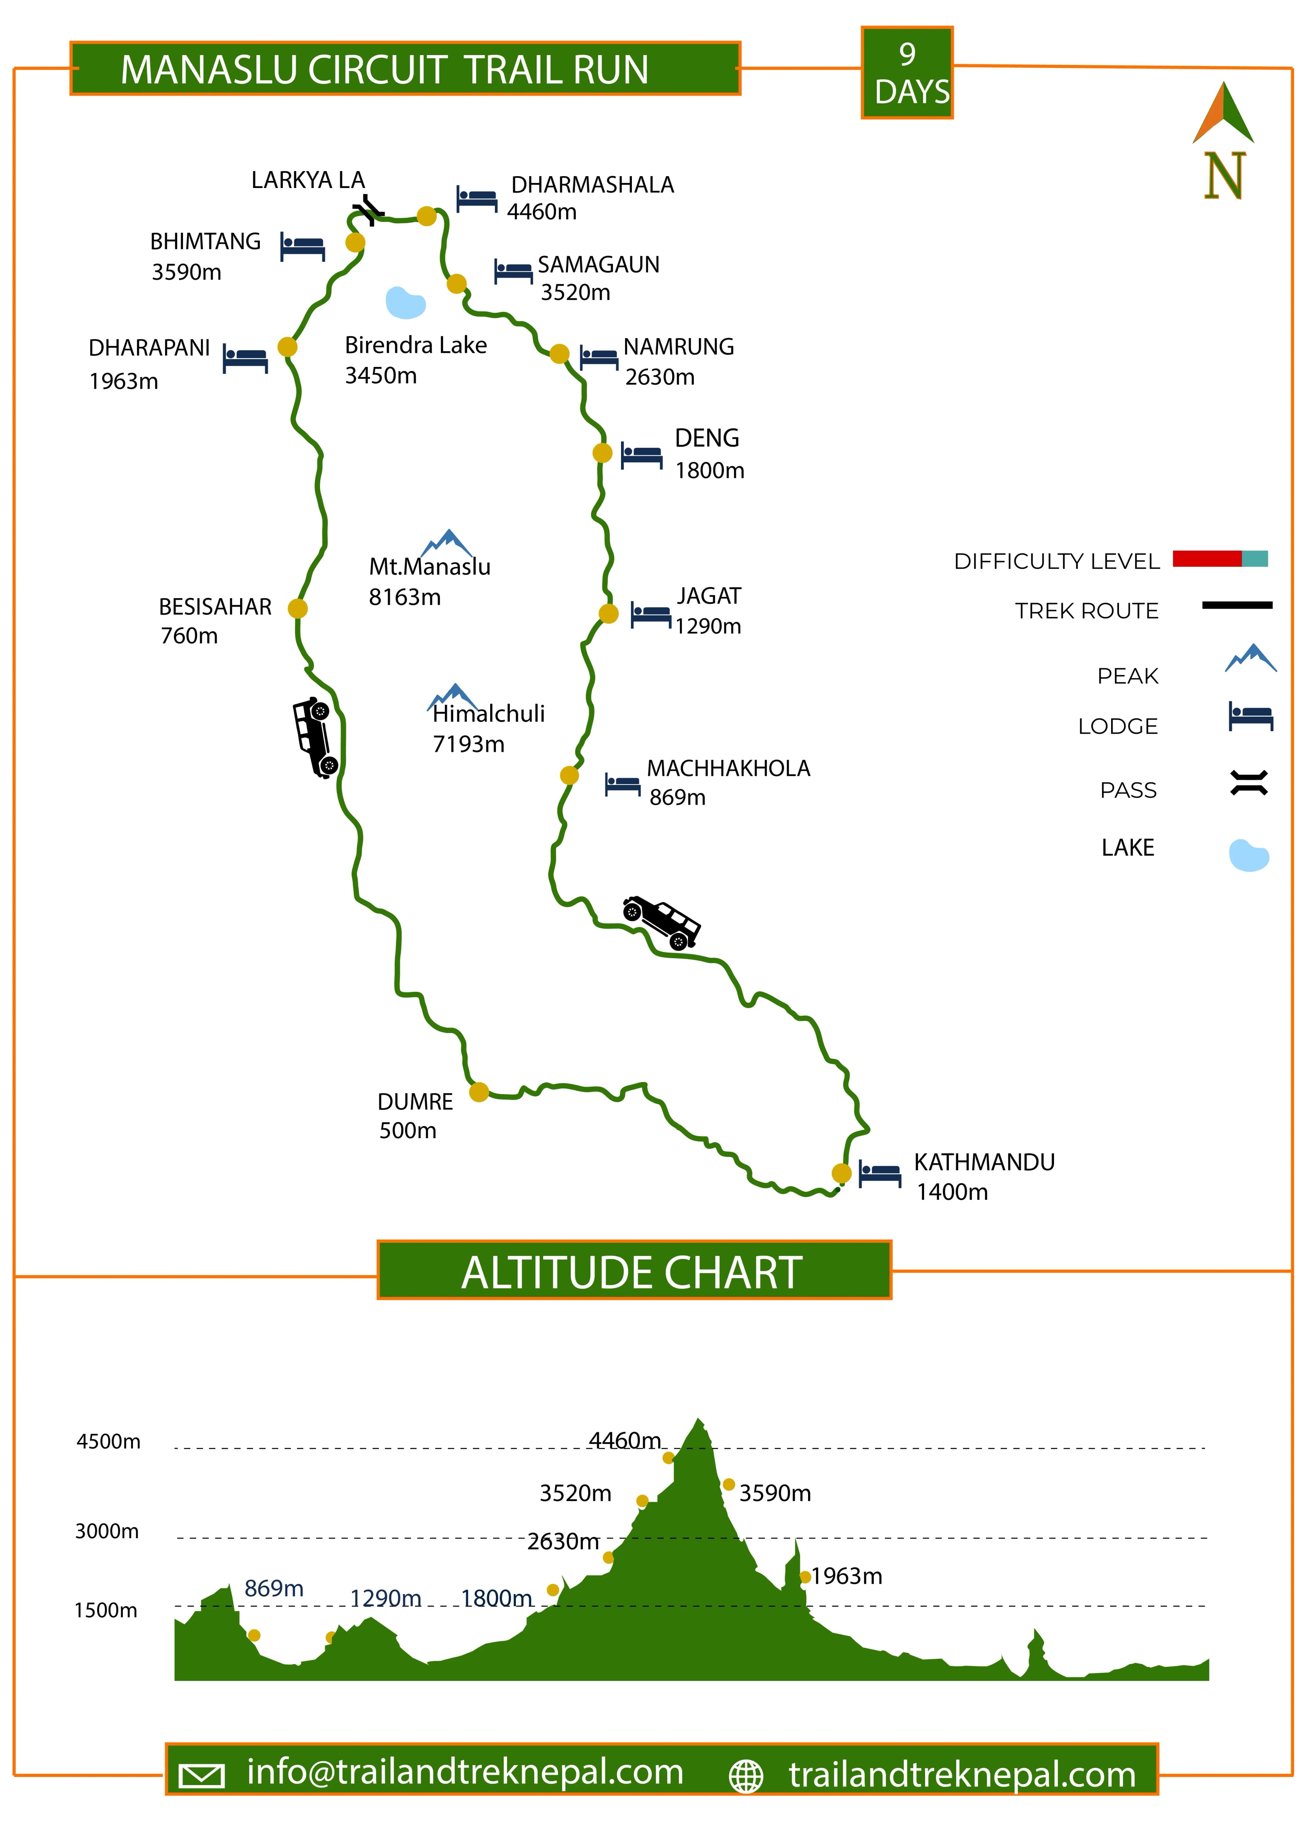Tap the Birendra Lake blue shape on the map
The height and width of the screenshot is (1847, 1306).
click(405, 303)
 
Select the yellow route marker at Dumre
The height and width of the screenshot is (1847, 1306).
click(479, 1091)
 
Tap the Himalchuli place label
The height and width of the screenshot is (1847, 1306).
click(488, 714)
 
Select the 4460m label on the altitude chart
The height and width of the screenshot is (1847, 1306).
click(624, 1440)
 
